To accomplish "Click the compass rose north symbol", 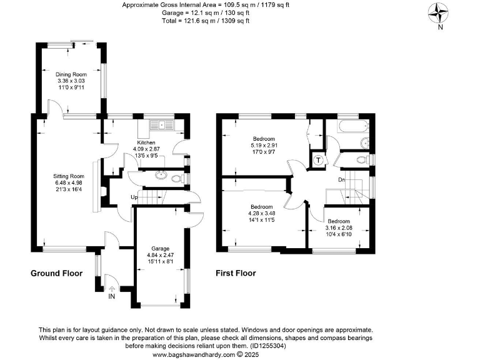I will (441, 14).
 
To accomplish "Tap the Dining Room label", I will (71, 74).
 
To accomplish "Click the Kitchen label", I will (146, 142).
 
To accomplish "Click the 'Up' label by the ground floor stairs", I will (134, 198).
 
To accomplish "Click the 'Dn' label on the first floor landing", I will (342, 180).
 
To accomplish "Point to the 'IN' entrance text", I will (111, 296).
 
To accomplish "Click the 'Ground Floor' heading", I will (57, 274).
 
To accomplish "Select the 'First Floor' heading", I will (236, 274).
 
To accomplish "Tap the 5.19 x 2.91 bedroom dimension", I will (263, 144).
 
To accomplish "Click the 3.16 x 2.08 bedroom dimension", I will (339, 227).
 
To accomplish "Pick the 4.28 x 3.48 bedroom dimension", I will (261, 213).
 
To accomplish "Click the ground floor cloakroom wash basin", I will (160, 176).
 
